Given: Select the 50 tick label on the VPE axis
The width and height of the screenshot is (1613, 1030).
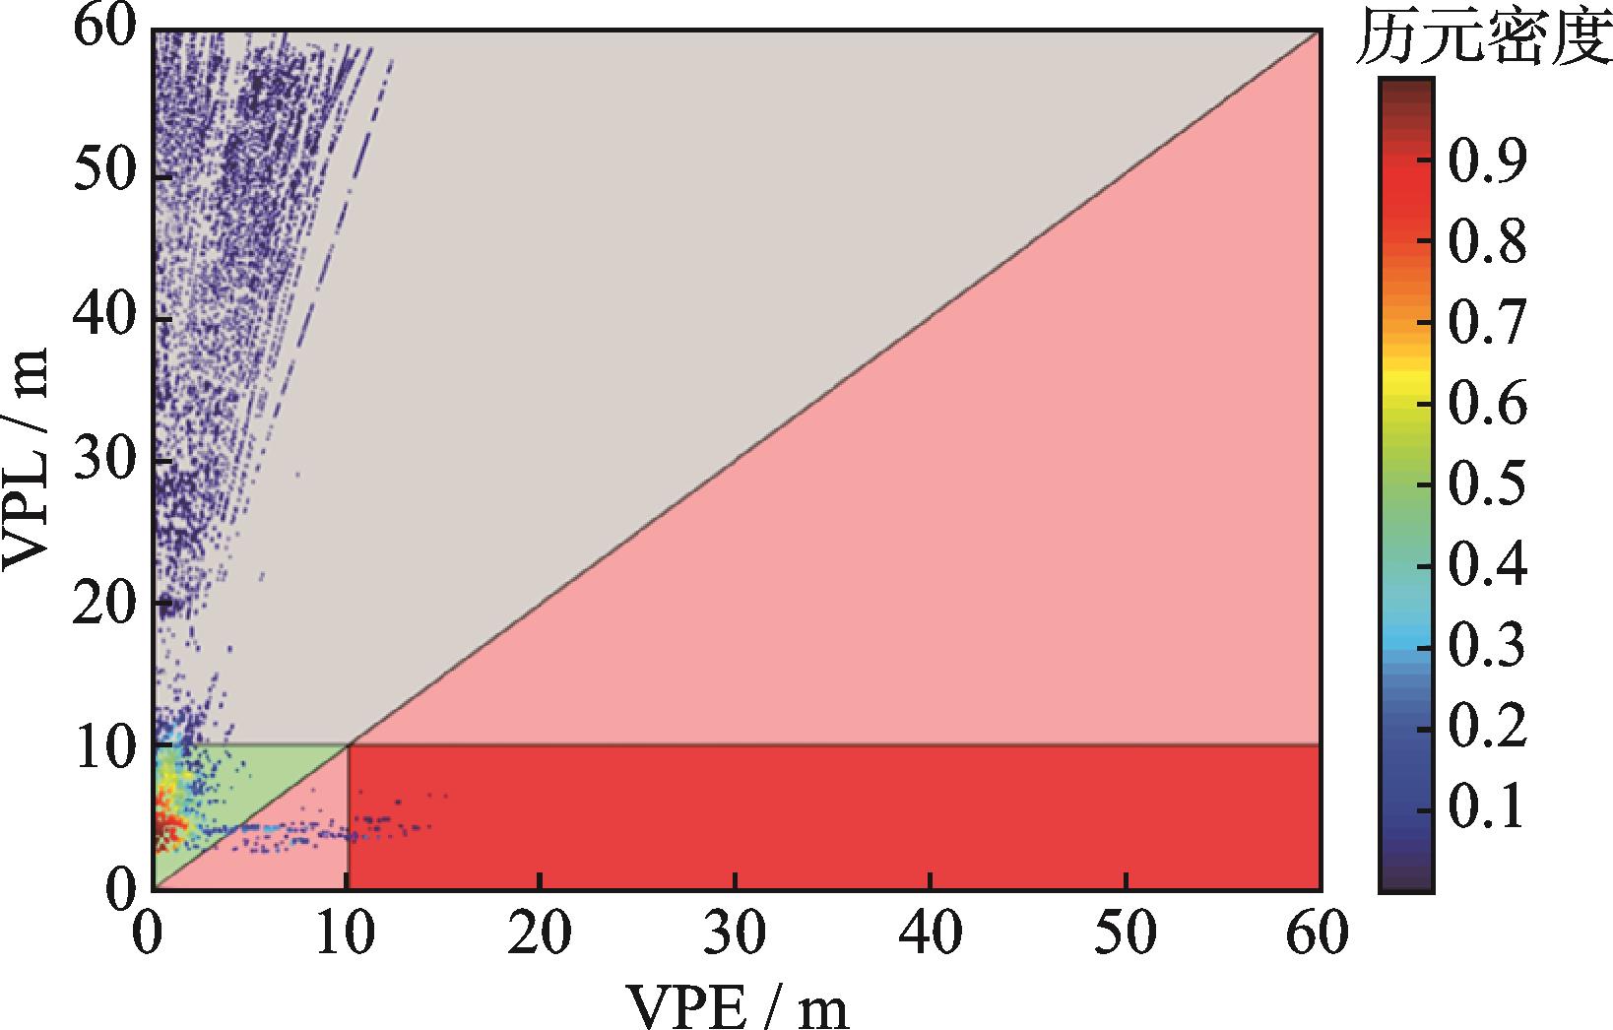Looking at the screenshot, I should [1126, 935].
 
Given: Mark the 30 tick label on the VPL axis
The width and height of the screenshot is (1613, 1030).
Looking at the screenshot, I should [103, 461].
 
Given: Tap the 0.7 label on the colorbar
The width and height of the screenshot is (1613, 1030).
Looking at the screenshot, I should [1484, 323].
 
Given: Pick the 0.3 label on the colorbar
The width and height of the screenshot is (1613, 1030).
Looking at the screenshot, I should [1484, 647].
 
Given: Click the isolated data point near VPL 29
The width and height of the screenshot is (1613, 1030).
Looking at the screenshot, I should [296, 475].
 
